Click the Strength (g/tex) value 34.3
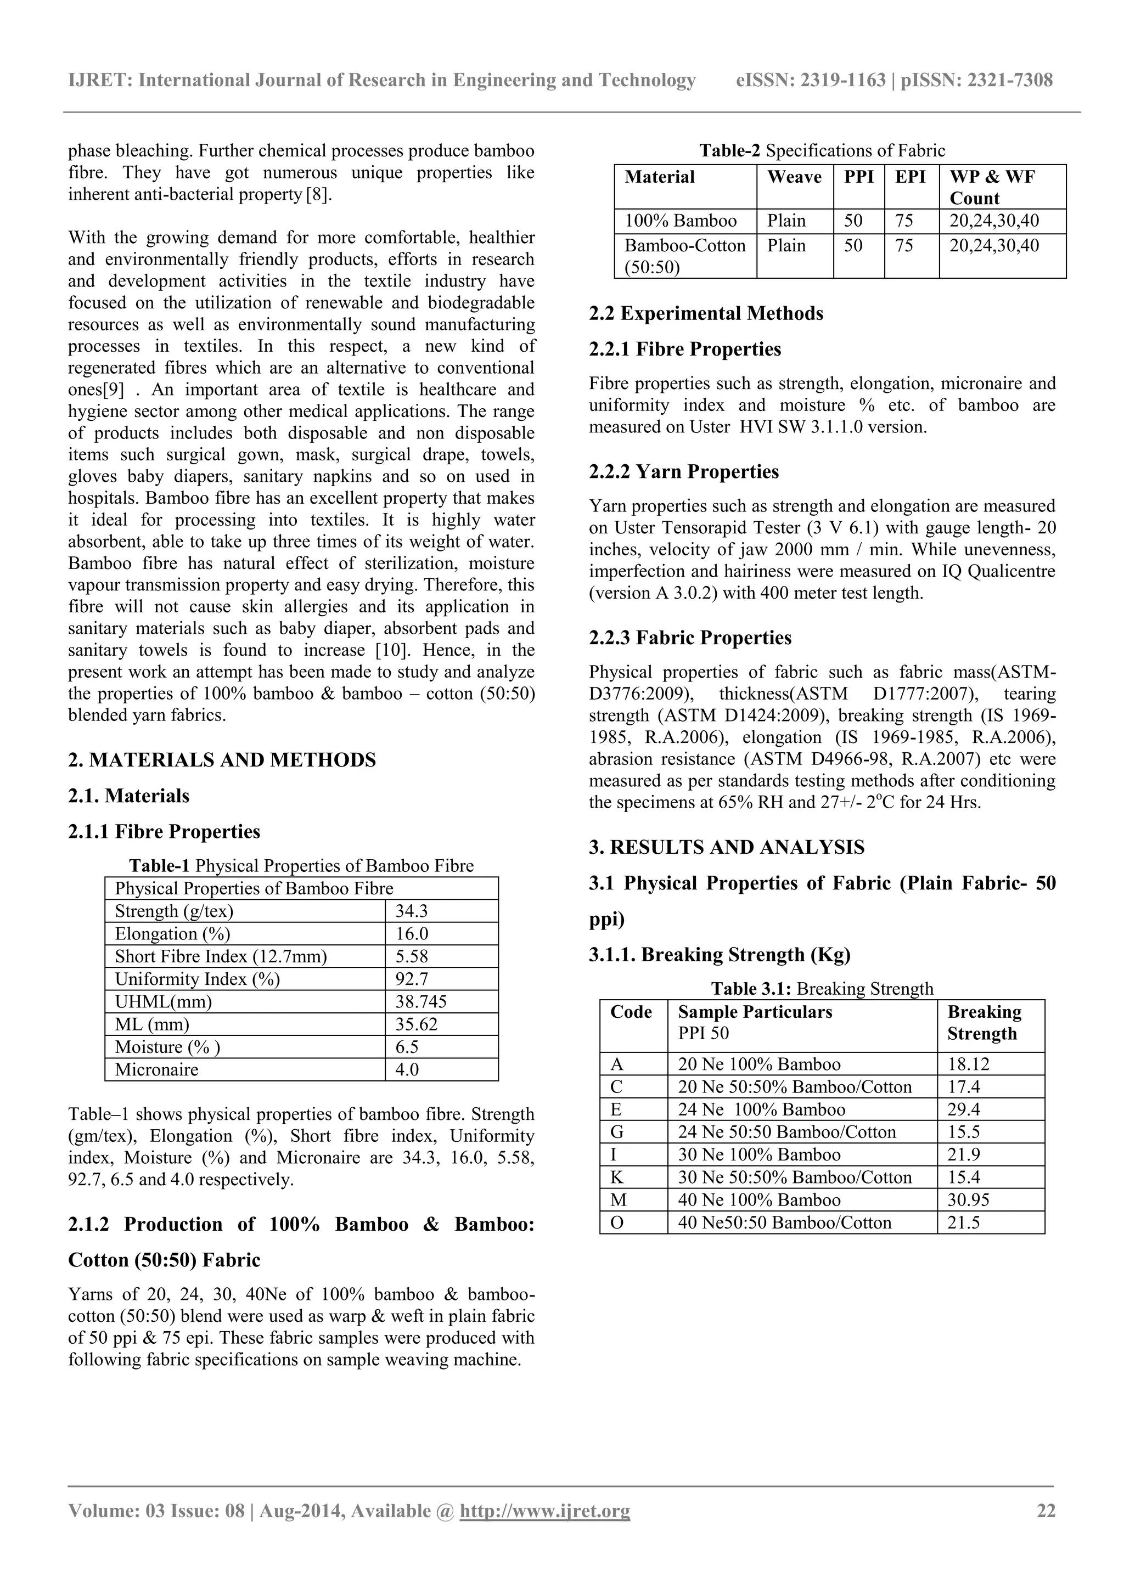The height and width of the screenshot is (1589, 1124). (411, 911)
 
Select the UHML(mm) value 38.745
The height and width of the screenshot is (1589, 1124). (421, 1001)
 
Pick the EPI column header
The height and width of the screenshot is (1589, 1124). (910, 177)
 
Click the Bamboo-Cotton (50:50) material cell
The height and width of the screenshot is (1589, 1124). (684, 256)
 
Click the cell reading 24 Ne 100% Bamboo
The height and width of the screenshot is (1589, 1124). (761, 1109)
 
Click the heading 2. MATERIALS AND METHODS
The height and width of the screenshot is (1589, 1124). (222, 760)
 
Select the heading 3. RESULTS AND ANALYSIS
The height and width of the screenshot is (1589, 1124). (726, 847)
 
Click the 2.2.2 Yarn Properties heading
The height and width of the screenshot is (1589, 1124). (683, 472)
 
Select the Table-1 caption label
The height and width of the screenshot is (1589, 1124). (160, 866)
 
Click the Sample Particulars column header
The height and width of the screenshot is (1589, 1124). (755, 1012)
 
